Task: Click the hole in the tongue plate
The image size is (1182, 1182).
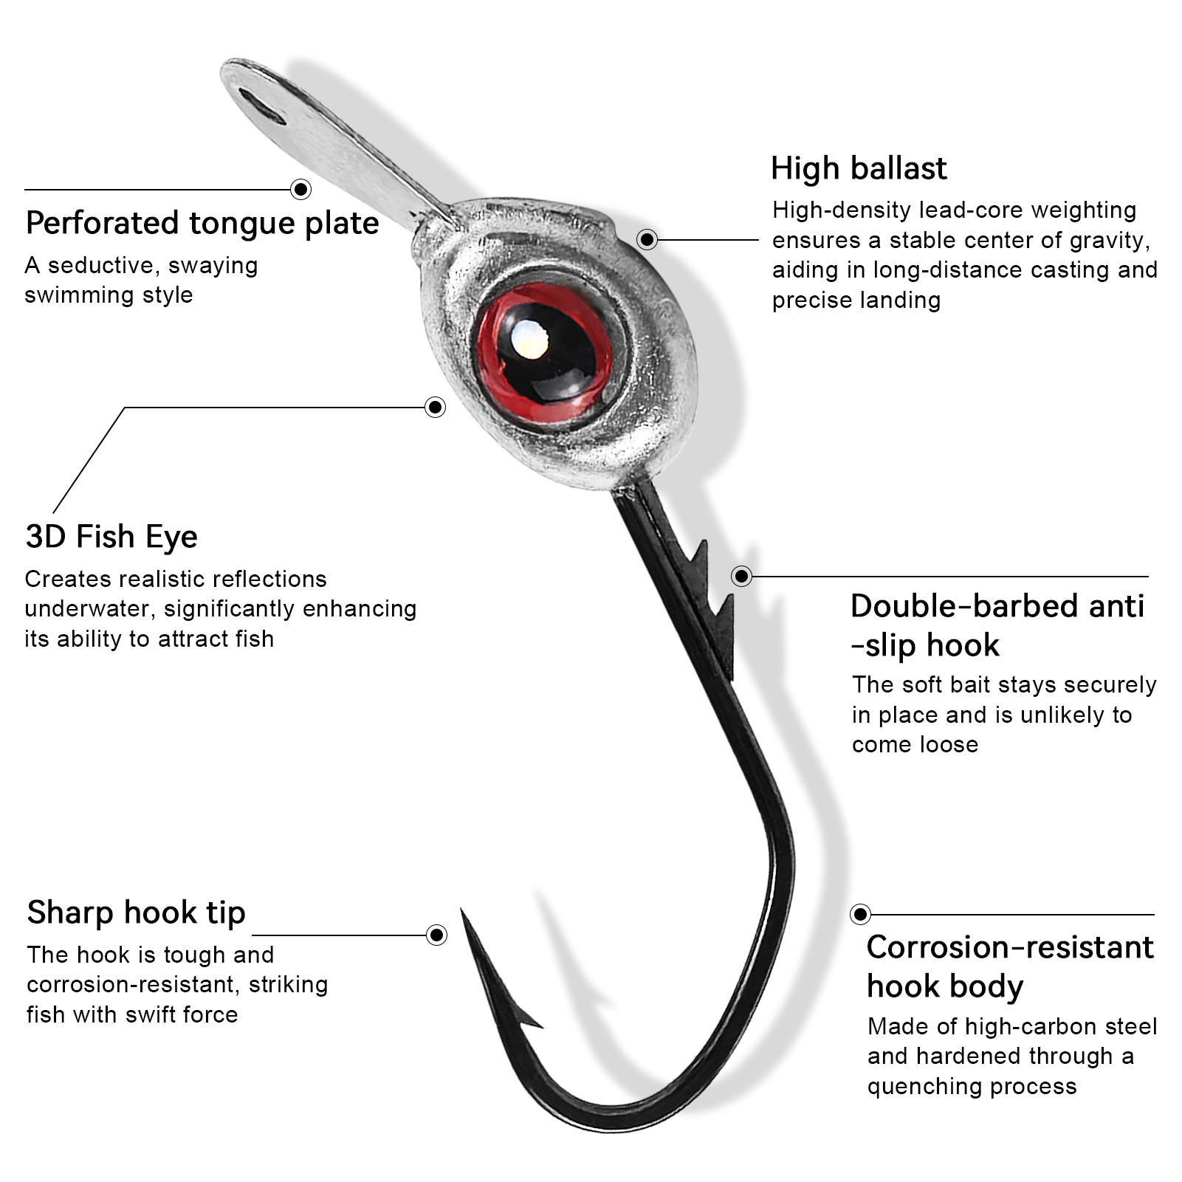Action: tap(262, 109)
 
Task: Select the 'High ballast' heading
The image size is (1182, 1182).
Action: tap(858, 168)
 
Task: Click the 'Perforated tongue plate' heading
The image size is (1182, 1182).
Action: tap(202, 223)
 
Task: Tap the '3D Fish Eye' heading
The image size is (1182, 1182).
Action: tap(111, 537)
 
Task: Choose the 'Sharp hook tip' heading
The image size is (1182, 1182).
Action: tap(136, 913)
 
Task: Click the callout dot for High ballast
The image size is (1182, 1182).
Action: tap(647, 239)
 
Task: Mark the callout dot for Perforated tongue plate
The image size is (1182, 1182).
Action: tap(301, 190)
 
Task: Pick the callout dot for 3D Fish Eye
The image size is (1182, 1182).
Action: tap(436, 407)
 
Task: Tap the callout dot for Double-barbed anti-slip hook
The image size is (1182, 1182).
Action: tap(741, 576)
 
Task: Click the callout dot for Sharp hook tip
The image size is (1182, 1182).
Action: tap(437, 935)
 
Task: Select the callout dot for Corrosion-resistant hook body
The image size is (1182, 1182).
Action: tap(860, 914)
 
